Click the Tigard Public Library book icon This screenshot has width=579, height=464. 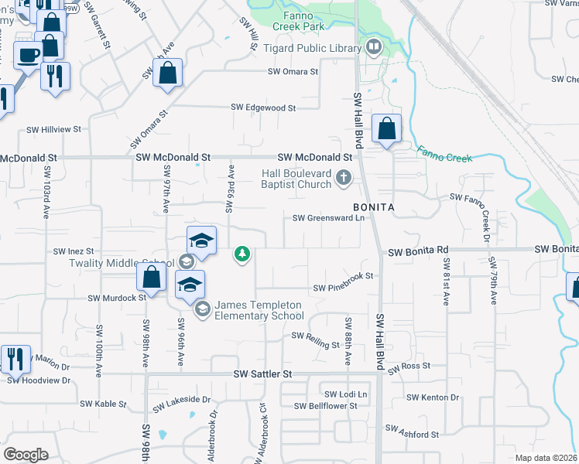coord(375,48)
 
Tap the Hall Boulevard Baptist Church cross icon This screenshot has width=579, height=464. coord(344,179)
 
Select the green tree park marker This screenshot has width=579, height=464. coord(242,253)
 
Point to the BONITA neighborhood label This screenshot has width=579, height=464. coord(375,208)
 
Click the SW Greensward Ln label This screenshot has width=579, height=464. coord(328,218)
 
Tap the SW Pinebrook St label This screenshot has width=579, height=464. coord(343,288)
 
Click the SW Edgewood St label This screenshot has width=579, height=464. coord(264,107)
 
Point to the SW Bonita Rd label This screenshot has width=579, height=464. coord(418,251)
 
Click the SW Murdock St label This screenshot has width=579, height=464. coord(117,297)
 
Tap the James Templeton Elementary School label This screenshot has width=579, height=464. coord(259,310)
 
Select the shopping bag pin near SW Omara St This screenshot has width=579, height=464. coord(167,74)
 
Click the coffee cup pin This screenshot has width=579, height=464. coord(29,56)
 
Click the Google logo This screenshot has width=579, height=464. coord(26,455)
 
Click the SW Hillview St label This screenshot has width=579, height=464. coord(54,130)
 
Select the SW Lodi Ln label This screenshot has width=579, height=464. coord(345,394)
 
